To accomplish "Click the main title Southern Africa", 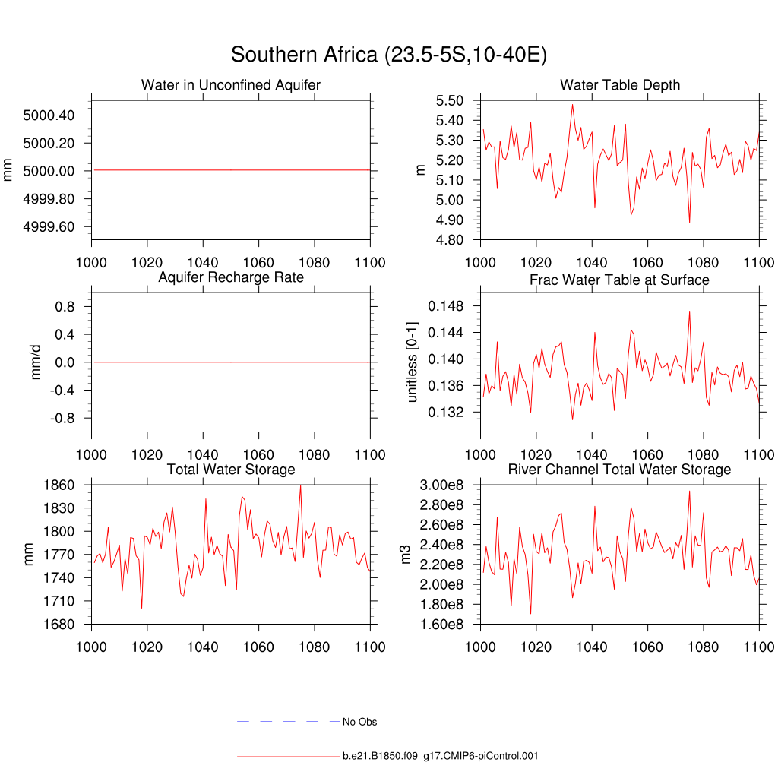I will point(389,55).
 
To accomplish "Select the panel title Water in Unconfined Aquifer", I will point(231,85).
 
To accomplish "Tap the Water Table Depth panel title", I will point(620,85).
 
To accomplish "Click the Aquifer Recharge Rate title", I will point(231,277).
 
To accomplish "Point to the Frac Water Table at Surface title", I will point(620,280).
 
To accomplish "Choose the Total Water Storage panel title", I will point(231,470).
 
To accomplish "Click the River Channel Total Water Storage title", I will point(620,470).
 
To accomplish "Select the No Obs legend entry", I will point(359,722).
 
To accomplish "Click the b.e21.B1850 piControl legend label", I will point(441,756).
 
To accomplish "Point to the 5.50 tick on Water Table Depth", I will point(451,101).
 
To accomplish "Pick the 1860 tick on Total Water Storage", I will point(59,485).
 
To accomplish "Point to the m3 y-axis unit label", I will point(406,555).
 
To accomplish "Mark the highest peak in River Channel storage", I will point(689,491).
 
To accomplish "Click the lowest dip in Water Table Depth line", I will point(689,222).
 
